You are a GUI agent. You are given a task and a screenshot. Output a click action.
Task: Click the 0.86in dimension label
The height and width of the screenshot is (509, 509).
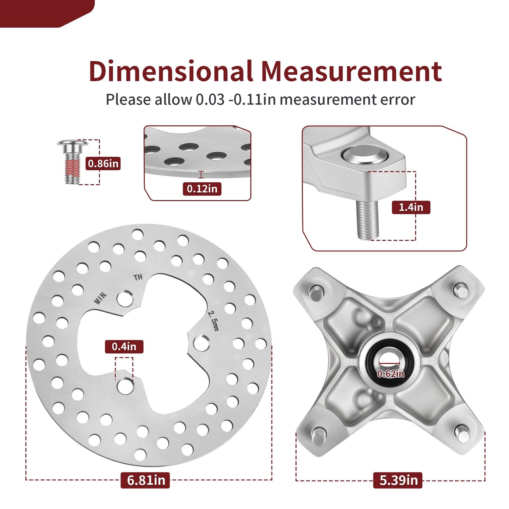(x=103, y=163)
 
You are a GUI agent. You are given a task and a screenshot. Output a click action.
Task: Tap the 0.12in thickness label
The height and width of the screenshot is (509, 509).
(x=202, y=189)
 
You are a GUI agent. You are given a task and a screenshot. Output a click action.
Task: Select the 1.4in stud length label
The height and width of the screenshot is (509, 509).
(x=411, y=207)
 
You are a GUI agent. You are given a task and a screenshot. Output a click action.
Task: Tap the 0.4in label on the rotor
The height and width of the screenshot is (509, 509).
(x=124, y=347)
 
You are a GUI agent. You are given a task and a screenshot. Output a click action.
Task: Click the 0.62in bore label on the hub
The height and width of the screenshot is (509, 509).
(x=391, y=374)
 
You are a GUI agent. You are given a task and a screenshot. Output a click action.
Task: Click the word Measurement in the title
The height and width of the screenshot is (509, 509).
(x=352, y=71)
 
